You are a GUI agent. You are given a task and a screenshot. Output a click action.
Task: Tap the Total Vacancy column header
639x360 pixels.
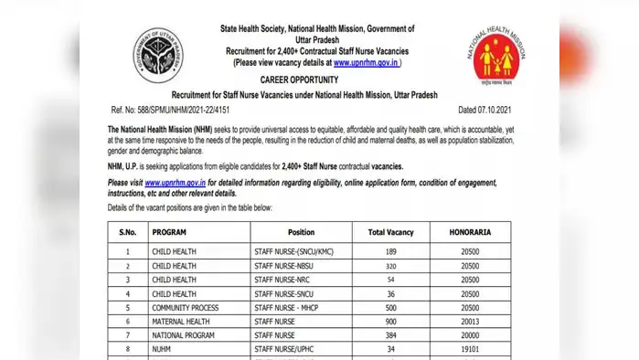(x=389, y=232)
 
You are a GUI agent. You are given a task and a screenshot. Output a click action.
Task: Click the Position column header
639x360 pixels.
(x=301, y=232)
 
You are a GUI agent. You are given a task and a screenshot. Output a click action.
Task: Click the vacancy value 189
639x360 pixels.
(x=389, y=250)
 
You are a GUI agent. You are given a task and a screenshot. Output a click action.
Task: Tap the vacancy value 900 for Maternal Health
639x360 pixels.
(x=389, y=321)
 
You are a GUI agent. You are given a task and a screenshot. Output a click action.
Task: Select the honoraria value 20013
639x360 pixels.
(x=470, y=321)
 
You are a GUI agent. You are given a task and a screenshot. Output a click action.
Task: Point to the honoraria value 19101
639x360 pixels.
(x=470, y=348)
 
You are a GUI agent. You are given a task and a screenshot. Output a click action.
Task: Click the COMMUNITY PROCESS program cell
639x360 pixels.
(x=186, y=307)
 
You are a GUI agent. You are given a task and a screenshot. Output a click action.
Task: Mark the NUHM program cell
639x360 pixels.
(x=162, y=348)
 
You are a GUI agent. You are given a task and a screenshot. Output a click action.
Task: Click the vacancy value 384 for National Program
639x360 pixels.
(x=389, y=334)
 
